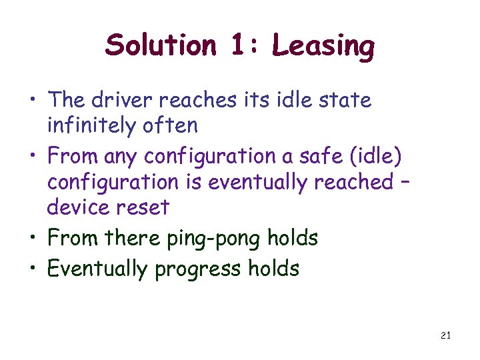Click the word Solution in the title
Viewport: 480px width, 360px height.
(x=160, y=46)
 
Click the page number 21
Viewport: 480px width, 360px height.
(x=445, y=335)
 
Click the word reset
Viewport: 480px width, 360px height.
(x=142, y=207)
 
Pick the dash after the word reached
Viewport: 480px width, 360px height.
(x=403, y=181)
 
